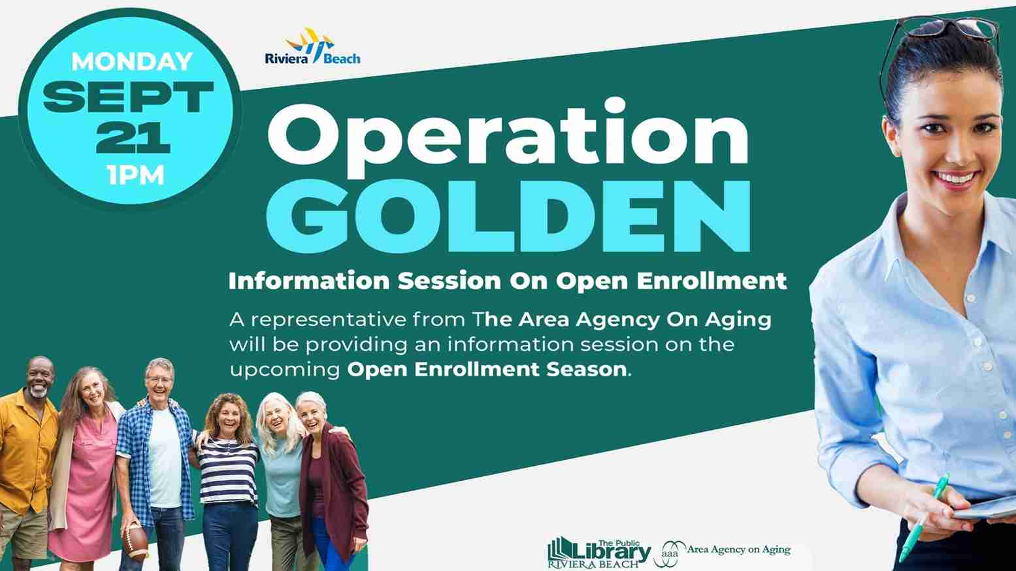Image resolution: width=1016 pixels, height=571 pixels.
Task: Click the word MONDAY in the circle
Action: [132, 61]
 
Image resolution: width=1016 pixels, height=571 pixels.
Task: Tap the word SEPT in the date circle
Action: [128, 97]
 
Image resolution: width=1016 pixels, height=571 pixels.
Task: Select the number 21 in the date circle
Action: [133, 137]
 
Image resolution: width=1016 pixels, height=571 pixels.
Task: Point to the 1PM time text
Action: [136, 175]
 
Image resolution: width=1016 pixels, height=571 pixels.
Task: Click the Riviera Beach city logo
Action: [312, 46]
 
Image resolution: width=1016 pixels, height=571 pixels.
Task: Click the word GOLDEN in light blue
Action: [508, 216]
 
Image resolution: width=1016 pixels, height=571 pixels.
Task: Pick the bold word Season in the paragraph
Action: [587, 369]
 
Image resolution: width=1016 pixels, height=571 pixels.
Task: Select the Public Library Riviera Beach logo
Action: [599, 553]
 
